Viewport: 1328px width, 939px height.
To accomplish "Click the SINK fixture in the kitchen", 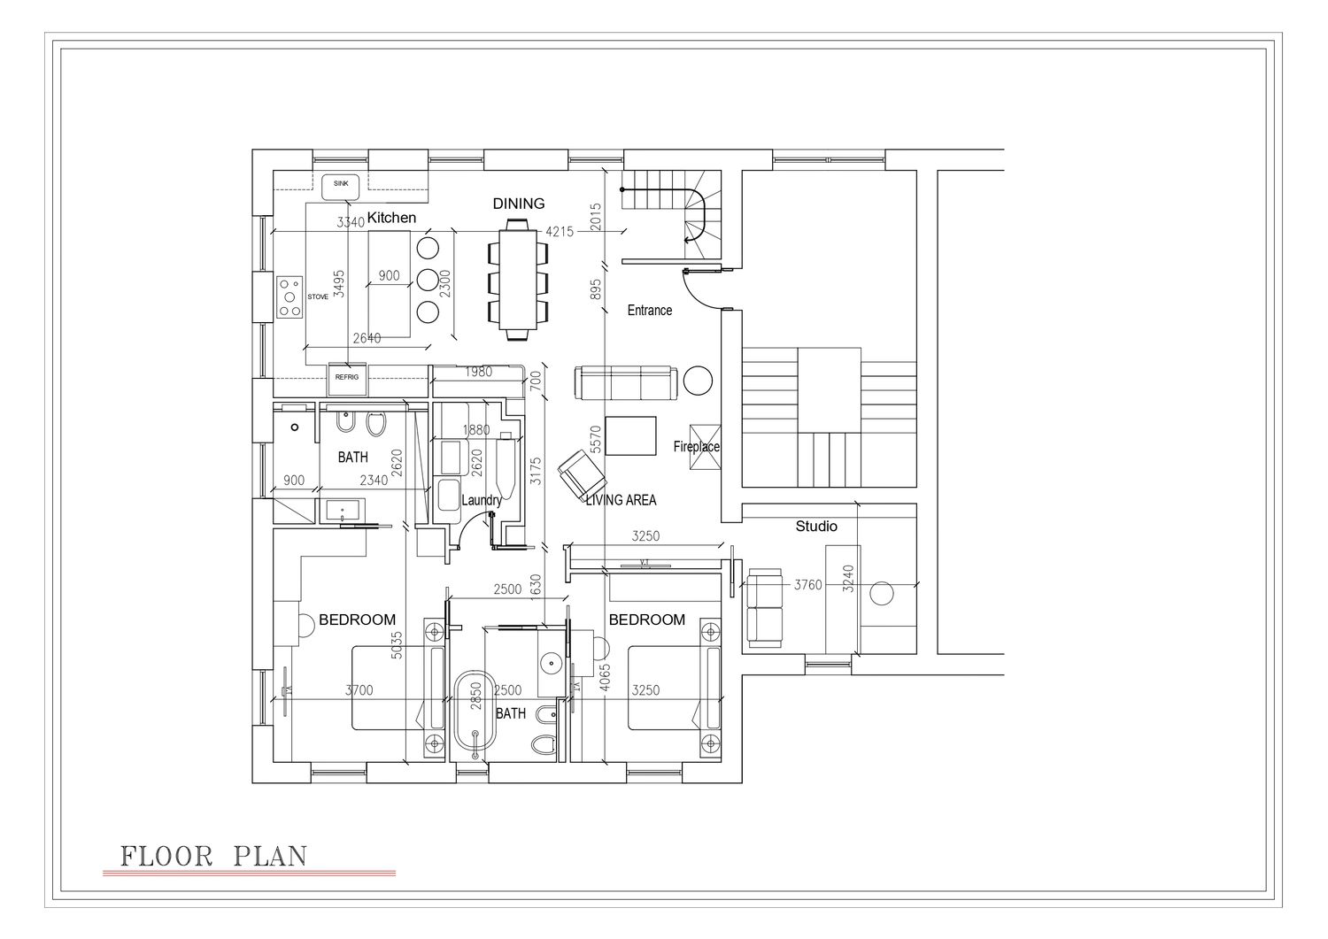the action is (x=341, y=188).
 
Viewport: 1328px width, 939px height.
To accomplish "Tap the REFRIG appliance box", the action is (x=347, y=380).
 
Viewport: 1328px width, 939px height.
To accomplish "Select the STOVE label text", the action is (x=318, y=297).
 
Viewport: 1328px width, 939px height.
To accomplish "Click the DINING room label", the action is (x=519, y=204).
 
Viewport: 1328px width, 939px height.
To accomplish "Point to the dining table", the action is (x=518, y=279).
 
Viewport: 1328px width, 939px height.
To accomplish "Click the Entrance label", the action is (x=650, y=310).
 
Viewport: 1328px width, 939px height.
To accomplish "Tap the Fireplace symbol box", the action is (x=705, y=448).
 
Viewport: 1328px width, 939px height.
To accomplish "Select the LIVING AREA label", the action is (x=621, y=500).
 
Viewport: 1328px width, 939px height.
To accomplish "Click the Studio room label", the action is (x=816, y=527).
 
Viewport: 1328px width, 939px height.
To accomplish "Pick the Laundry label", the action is (x=482, y=500).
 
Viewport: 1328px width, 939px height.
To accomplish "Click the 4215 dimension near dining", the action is (x=560, y=231).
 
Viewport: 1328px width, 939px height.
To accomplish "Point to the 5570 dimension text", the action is (x=597, y=439).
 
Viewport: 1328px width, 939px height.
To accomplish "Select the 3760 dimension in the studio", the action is (x=808, y=585).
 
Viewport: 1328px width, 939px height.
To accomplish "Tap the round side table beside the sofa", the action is (x=698, y=380).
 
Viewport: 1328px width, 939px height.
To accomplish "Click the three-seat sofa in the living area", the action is (x=626, y=383).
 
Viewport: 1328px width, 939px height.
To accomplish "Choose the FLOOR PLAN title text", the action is (x=214, y=857).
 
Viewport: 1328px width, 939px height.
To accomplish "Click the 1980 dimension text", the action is (x=478, y=372).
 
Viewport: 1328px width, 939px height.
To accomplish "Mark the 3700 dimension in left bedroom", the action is (x=359, y=690).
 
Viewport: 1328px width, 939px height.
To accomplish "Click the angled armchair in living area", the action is (x=582, y=474).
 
